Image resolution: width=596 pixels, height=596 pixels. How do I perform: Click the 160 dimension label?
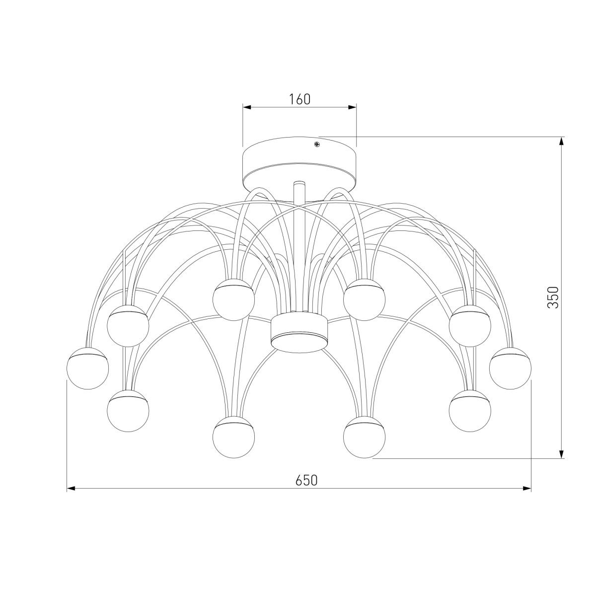299,99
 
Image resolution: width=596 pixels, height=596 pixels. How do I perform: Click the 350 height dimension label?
553,297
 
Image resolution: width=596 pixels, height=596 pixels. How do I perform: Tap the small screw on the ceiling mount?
317,144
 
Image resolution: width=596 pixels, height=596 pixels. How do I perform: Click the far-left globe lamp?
87,368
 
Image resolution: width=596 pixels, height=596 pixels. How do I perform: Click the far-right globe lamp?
510,368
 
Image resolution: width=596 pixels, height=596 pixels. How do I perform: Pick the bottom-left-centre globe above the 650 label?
233,437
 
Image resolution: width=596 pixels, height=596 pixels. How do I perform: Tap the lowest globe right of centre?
365,437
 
